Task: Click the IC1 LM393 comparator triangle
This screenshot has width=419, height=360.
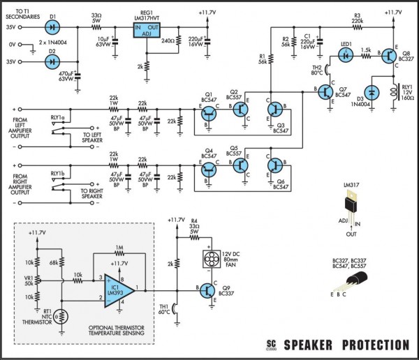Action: coord(115,285)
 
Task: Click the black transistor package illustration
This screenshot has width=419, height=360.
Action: coord(355,282)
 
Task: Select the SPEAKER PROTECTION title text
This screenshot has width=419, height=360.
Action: coord(346,345)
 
